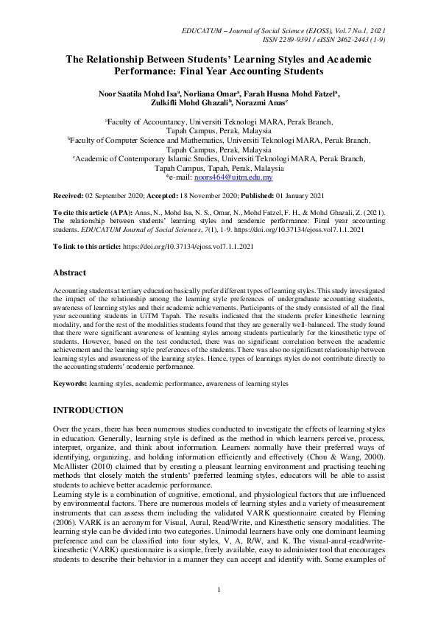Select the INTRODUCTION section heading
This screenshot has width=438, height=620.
pyautogui.click(x=89, y=409)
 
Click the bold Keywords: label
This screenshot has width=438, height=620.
pyautogui.click(x=71, y=384)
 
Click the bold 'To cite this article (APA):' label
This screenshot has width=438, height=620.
pyautogui.click(x=96, y=212)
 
